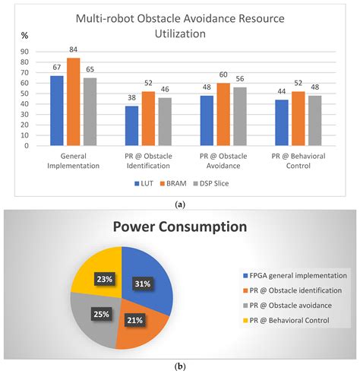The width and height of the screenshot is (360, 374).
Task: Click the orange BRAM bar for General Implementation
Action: [x=74, y=102]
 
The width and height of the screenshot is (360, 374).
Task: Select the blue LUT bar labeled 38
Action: [x=131, y=125]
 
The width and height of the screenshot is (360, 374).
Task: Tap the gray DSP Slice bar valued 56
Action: [x=240, y=116]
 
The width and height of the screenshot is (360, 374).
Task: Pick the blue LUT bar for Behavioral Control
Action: [x=282, y=122]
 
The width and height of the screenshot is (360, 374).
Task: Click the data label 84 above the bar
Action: [x=73, y=49]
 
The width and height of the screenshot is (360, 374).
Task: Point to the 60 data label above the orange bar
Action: [x=223, y=74]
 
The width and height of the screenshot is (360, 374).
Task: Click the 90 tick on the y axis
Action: [x=24, y=52]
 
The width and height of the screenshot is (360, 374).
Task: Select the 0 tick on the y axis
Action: [x=27, y=146]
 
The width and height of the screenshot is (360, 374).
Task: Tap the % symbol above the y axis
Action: [x=24, y=36]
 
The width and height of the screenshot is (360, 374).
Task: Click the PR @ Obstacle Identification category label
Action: [x=148, y=161]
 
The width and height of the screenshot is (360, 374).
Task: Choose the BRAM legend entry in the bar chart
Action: [x=173, y=183]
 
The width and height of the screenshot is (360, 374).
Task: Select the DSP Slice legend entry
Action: [x=211, y=183]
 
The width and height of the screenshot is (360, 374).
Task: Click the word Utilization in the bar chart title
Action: [x=180, y=33]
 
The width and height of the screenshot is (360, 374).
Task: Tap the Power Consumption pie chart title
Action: [x=180, y=227]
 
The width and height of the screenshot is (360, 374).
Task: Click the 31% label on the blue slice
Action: [x=143, y=284]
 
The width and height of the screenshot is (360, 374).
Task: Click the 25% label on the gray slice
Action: [x=102, y=314]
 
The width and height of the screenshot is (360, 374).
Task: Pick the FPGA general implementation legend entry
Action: [x=295, y=276]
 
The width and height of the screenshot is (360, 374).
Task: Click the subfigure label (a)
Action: [x=180, y=204]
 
